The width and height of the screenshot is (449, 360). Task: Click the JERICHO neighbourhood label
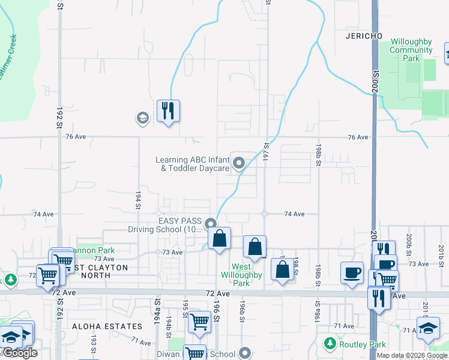pyautogui.click(x=364, y=36)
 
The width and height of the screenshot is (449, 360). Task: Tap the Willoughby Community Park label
pyautogui.click(x=411, y=50)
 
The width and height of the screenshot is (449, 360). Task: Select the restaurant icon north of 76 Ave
pyautogui.click(x=169, y=111)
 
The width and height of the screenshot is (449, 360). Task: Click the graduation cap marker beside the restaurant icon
pyautogui.click(x=142, y=117)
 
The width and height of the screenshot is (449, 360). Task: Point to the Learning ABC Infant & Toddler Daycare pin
pyautogui.click(x=239, y=163)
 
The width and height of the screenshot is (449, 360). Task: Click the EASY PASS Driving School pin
pyautogui.click(x=211, y=224)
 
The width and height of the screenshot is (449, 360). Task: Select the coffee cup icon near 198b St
pyautogui.click(x=352, y=272)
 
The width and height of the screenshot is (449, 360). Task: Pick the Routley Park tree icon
pyautogui.click(x=330, y=343)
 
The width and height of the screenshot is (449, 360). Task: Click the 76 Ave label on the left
pyautogui.click(x=76, y=137)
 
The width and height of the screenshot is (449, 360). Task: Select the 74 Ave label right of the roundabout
pyautogui.click(x=294, y=214)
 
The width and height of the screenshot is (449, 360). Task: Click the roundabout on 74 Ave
pyautogui.click(x=264, y=213)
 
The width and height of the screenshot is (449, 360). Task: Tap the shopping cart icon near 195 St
pyautogui.click(x=199, y=322)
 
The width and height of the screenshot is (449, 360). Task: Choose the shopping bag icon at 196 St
pyautogui.click(x=220, y=238)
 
